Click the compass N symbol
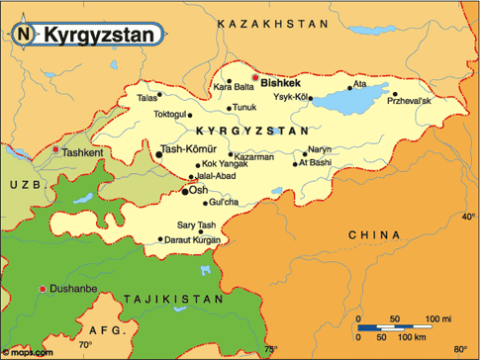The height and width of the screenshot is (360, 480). pos(23,34)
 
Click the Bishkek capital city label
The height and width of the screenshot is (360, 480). pos(280,84)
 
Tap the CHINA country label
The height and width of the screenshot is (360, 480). pos(373,234)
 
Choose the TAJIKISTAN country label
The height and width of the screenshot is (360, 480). pos(168,297)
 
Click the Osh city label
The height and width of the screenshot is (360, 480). pos(199,189)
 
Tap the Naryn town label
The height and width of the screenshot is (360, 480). pos(319,150)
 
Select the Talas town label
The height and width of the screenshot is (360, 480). pos(147,98)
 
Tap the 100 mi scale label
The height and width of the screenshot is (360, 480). pos(435,318)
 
